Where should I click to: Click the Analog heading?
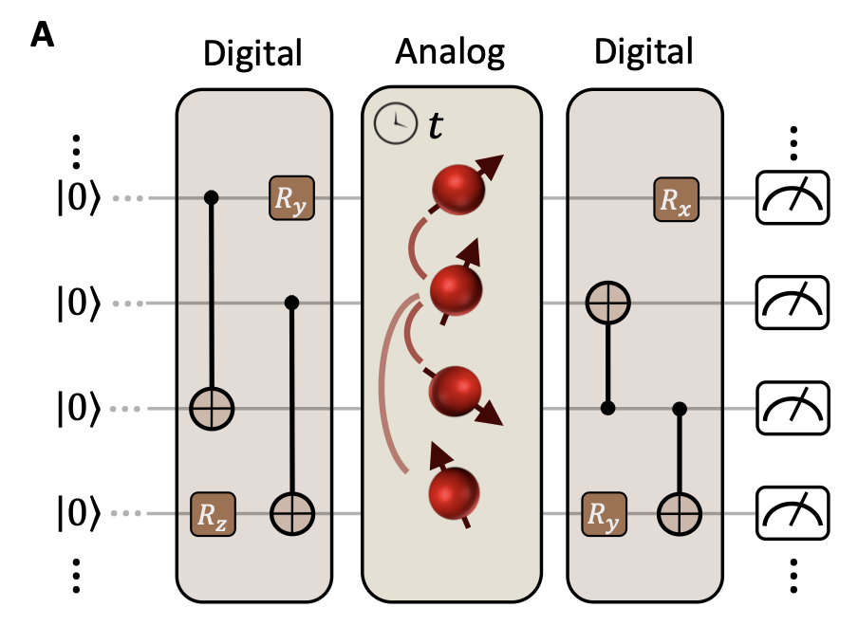(x=450, y=52)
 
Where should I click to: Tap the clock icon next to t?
(x=394, y=124)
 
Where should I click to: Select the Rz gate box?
(x=213, y=514)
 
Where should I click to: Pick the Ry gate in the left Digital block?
(x=290, y=199)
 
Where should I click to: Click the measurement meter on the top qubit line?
(x=792, y=197)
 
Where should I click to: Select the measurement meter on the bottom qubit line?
(x=792, y=514)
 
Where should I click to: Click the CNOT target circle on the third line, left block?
(x=212, y=410)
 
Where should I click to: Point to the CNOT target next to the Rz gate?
(x=292, y=514)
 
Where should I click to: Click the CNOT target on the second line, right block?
(x=607, y=304)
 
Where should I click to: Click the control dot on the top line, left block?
(x=212, y=198)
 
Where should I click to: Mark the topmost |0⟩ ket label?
(x=77, y=199)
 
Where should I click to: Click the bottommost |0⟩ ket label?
(x=77, y=514)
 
